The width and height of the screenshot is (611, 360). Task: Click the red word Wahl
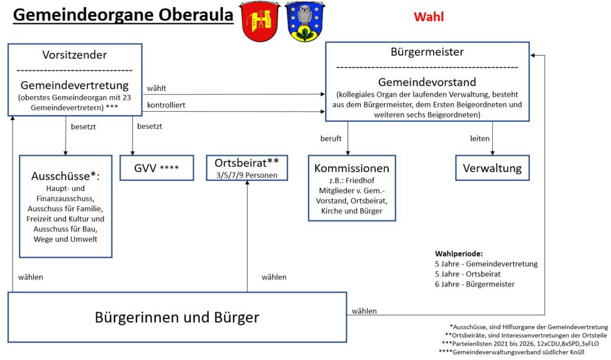[428, 17]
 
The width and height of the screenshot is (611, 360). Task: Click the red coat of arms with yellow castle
[260, 21]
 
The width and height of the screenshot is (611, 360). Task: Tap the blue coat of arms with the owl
[305, 21]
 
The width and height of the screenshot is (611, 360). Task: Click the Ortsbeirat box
[247, 168]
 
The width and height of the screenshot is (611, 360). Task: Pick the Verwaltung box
[492, 168]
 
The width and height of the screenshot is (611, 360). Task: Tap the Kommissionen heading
[351, 168]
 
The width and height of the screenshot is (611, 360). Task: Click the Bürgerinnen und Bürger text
[177, 316]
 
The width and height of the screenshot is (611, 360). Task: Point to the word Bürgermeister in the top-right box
[427, 52]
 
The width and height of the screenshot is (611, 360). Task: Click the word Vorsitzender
[75, 55]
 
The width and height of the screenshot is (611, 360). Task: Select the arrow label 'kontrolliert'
[166, 105]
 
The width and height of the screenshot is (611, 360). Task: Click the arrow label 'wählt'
[156, 88]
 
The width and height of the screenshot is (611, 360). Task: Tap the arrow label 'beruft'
[331, 139]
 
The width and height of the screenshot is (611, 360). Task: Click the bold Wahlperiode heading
[459, 253]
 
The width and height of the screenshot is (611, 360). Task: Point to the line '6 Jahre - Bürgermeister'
[474, 284]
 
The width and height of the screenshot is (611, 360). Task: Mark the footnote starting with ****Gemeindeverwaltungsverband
[523, 353]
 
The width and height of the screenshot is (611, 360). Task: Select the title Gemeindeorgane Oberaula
[123, 15]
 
